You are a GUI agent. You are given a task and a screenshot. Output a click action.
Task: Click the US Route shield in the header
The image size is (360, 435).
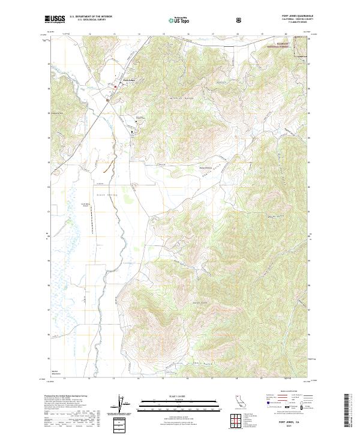coord(240,20)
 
